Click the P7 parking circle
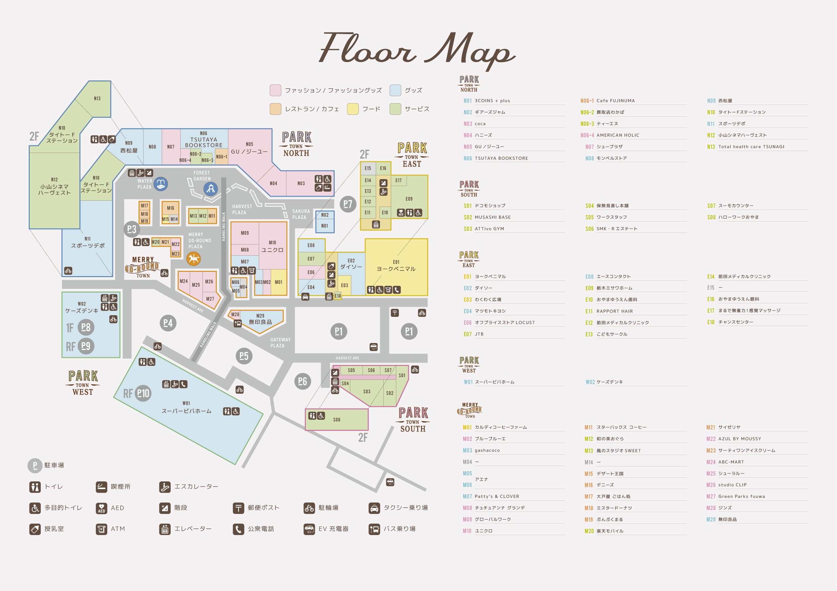348,204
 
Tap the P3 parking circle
132,229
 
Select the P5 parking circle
244,356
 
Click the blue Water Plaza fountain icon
161,184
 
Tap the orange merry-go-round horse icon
194,259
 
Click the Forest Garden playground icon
211,189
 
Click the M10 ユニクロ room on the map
272,247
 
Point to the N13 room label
97,98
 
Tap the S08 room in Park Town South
336,420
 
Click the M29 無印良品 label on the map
260,319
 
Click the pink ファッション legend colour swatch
275,90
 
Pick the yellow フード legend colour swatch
353,109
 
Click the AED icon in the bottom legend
101,508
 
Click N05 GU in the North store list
488,147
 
